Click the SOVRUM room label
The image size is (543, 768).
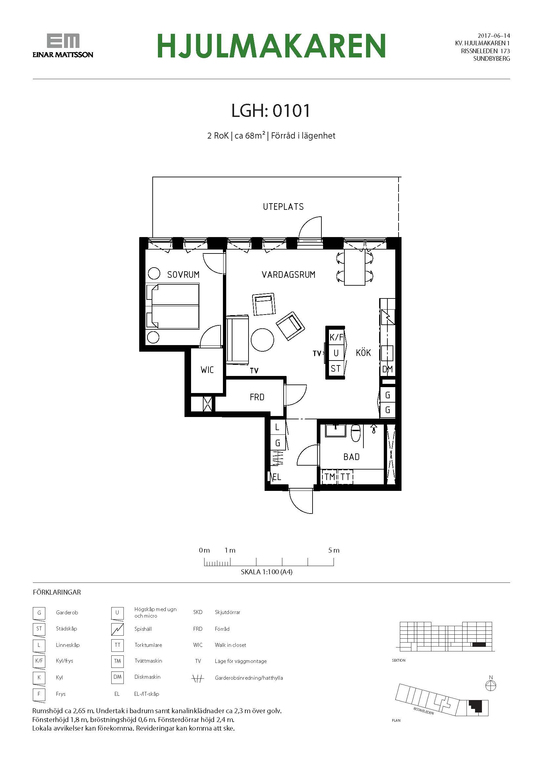(x=183, y=274)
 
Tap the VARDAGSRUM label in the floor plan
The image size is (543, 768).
(x=289, y=274)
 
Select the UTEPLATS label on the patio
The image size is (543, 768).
(x=283, y=207)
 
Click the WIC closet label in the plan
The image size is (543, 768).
(x=207, y=370)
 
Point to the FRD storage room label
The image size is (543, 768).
(x=257, y=397)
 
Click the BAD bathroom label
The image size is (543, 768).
(x=351, y=457)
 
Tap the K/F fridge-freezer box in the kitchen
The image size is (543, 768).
(x=337, y=337)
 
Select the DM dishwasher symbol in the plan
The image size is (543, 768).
(x=387, y=369)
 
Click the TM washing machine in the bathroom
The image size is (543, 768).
(x=330, y=477)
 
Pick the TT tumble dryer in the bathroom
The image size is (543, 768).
(x=345, y=477)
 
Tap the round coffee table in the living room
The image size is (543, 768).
(x=263, y=340)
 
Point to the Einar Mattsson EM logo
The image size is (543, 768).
(x=63, y=45)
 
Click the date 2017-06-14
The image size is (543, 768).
(x=494, y=35)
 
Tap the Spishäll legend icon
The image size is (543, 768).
(x=117, y=629)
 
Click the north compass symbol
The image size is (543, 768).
(x=491, y=686)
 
